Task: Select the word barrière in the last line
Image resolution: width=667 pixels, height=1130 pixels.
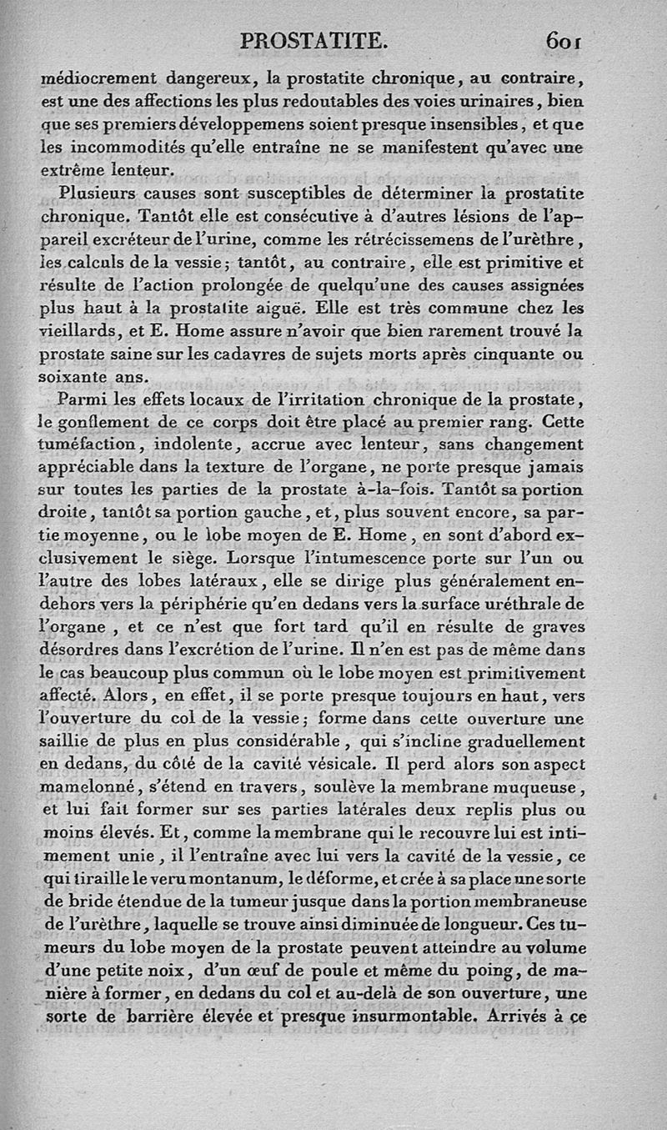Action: tap(148, 1017)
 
